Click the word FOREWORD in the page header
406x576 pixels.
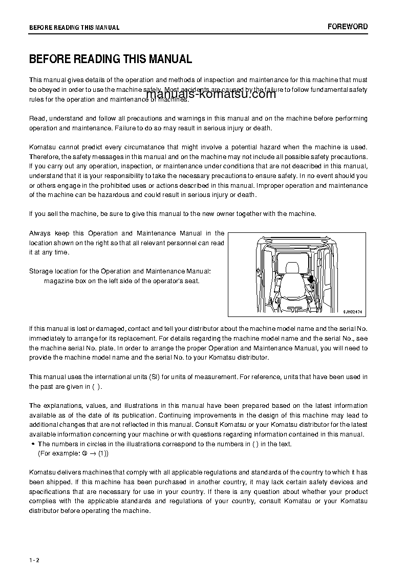(x=348, y=27)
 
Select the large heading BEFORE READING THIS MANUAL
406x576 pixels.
(x=111, y=59)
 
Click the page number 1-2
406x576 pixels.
(x=34, y=560)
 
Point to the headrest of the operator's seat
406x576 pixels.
(x=292, y=268)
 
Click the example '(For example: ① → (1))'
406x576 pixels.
(x=73, y=453)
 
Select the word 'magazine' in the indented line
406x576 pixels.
(x=58, y=281)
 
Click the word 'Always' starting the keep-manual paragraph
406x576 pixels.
(x=39, y=233)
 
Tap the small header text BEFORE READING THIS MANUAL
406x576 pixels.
(x=74, y=28)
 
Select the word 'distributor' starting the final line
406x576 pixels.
(x=45, y=511)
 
